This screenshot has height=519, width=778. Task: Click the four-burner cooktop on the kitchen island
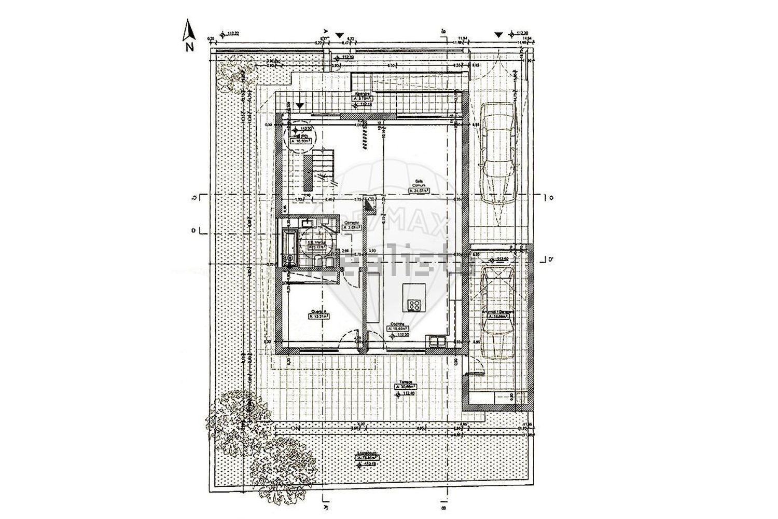414,305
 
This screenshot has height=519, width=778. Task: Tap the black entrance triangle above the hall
299,105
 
